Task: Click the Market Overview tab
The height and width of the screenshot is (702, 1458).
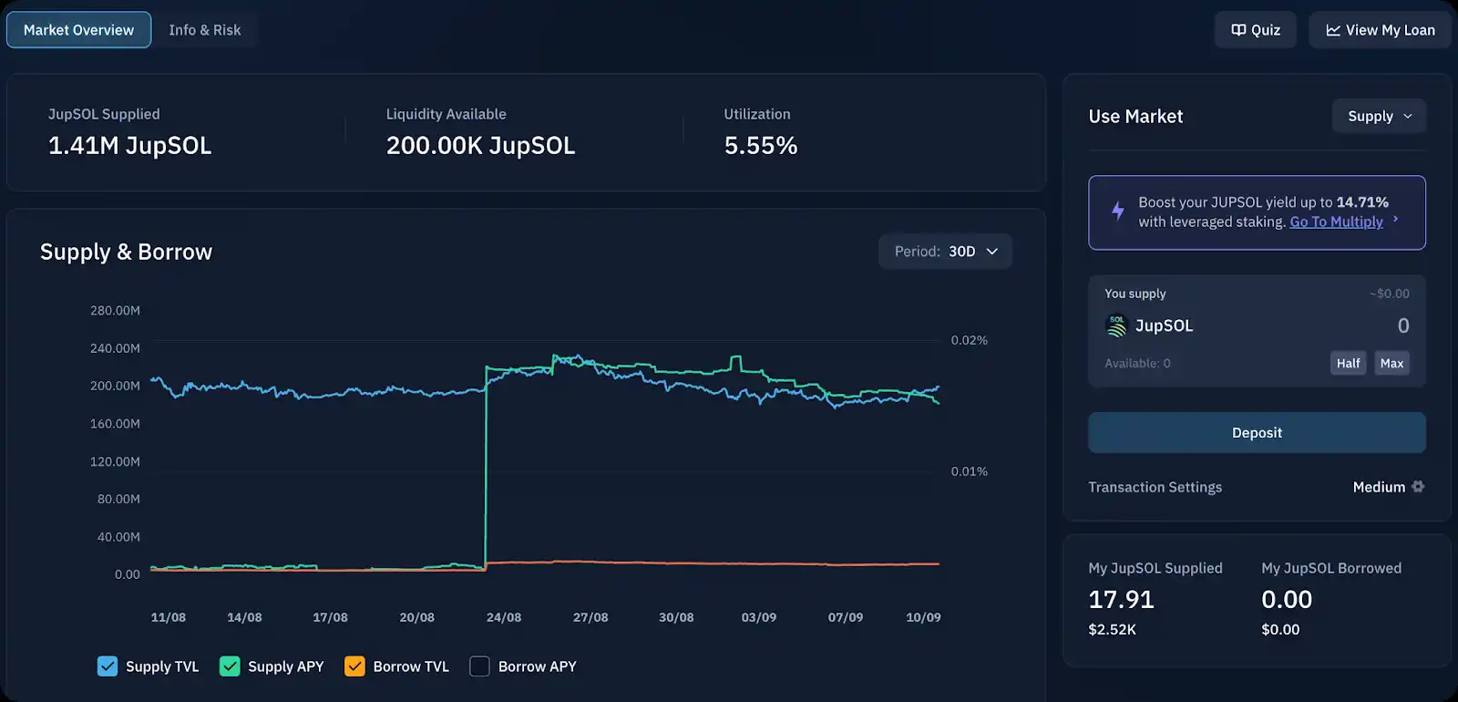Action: coord(78,30)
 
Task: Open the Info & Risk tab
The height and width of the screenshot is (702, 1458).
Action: coord(204,30)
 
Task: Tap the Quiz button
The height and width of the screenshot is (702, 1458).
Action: coord(1256,30)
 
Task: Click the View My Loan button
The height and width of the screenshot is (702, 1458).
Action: coord(1380,30)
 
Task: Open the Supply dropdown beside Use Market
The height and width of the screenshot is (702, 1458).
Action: coord(1379,116)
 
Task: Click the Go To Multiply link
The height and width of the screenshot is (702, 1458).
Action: coord(1336,222)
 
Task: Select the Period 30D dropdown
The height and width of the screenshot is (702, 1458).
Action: coord(945,252)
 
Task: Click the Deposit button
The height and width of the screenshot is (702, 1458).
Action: coord(1257,433)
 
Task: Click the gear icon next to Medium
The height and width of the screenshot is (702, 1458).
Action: coord(1418,487)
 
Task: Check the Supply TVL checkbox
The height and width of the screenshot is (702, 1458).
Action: coord(108,666)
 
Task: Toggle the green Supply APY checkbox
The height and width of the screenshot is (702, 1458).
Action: coord(230,666)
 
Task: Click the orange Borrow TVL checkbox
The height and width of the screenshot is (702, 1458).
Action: coord(354,666)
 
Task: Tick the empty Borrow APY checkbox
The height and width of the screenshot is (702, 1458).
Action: coord(479,666)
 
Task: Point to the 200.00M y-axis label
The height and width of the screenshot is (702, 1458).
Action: coord(115,386)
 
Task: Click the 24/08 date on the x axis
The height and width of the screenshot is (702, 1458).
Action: coord(504,617)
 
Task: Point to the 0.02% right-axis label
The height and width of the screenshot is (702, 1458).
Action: coord(969,340)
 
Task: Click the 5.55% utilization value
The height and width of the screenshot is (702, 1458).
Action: coord(760,146)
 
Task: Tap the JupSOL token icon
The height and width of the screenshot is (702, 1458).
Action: coord(1116,325)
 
